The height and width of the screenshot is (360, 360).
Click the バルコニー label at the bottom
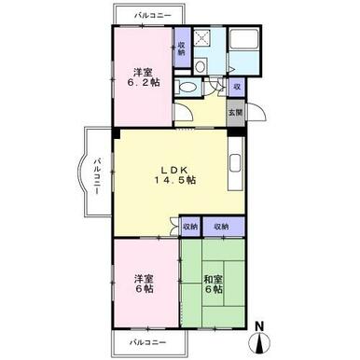point(146,342)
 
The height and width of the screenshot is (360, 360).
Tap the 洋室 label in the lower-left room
point(141,277)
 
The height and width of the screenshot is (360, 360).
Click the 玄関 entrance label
point(235,113)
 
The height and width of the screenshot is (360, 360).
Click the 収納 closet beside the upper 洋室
point(181,48)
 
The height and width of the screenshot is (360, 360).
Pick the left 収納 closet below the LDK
point(190,227)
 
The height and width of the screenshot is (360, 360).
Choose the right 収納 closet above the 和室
point(221,227)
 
